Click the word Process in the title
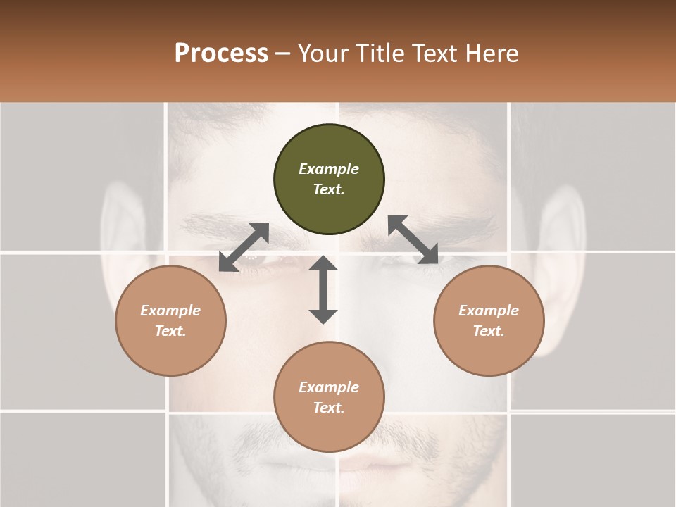[221, 54]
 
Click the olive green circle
[329, 179]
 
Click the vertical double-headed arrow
[323, 290]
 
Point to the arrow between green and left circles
[244, 247]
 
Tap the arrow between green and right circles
[413, 239]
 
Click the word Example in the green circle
[329, 169]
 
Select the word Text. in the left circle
[170, 331]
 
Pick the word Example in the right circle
[489, 311]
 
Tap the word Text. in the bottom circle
[329, 408]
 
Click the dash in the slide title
[283, 54]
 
